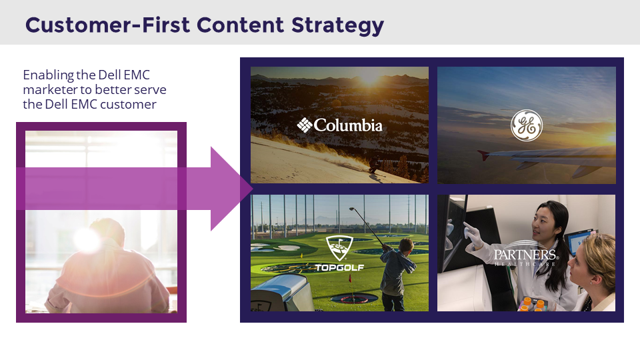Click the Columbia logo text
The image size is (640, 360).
[x=340, y=125]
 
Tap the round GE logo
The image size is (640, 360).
[x=526, y=125]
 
